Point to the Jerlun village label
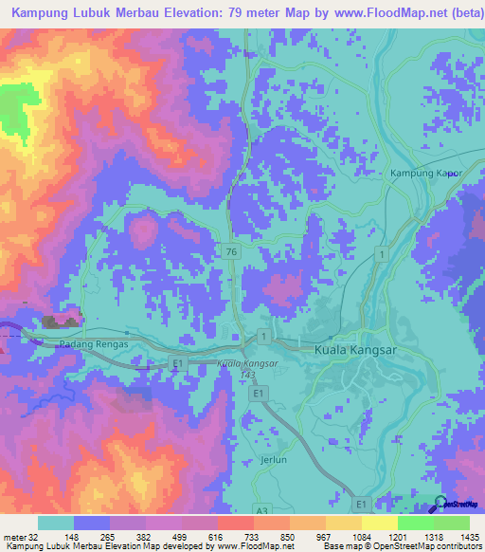pos(273,458)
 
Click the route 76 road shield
pos(232,251)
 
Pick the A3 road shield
pos(261,511)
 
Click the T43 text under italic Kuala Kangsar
pos(247,375)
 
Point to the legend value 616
pos(216,535)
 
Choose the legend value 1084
pos(361,535)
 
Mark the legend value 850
pos(288,535)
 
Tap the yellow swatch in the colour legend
pos(379,523)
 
